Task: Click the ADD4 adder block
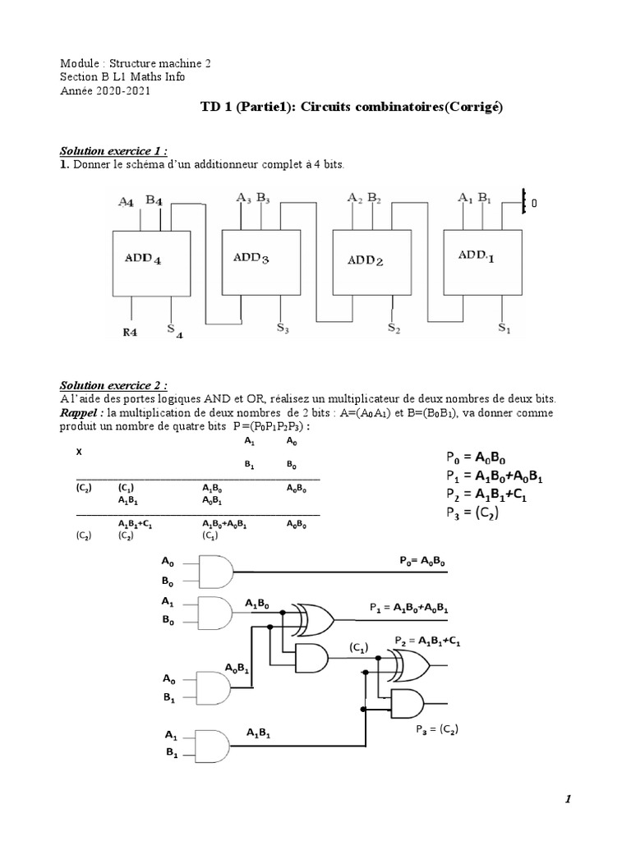click(x=149, y=262)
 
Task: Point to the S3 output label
click(x=260, y=329)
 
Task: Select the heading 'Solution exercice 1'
click(x=113, y=151)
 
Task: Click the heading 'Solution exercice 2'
click(x=113, y=386)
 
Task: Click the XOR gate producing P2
click(x=408, y=662)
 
